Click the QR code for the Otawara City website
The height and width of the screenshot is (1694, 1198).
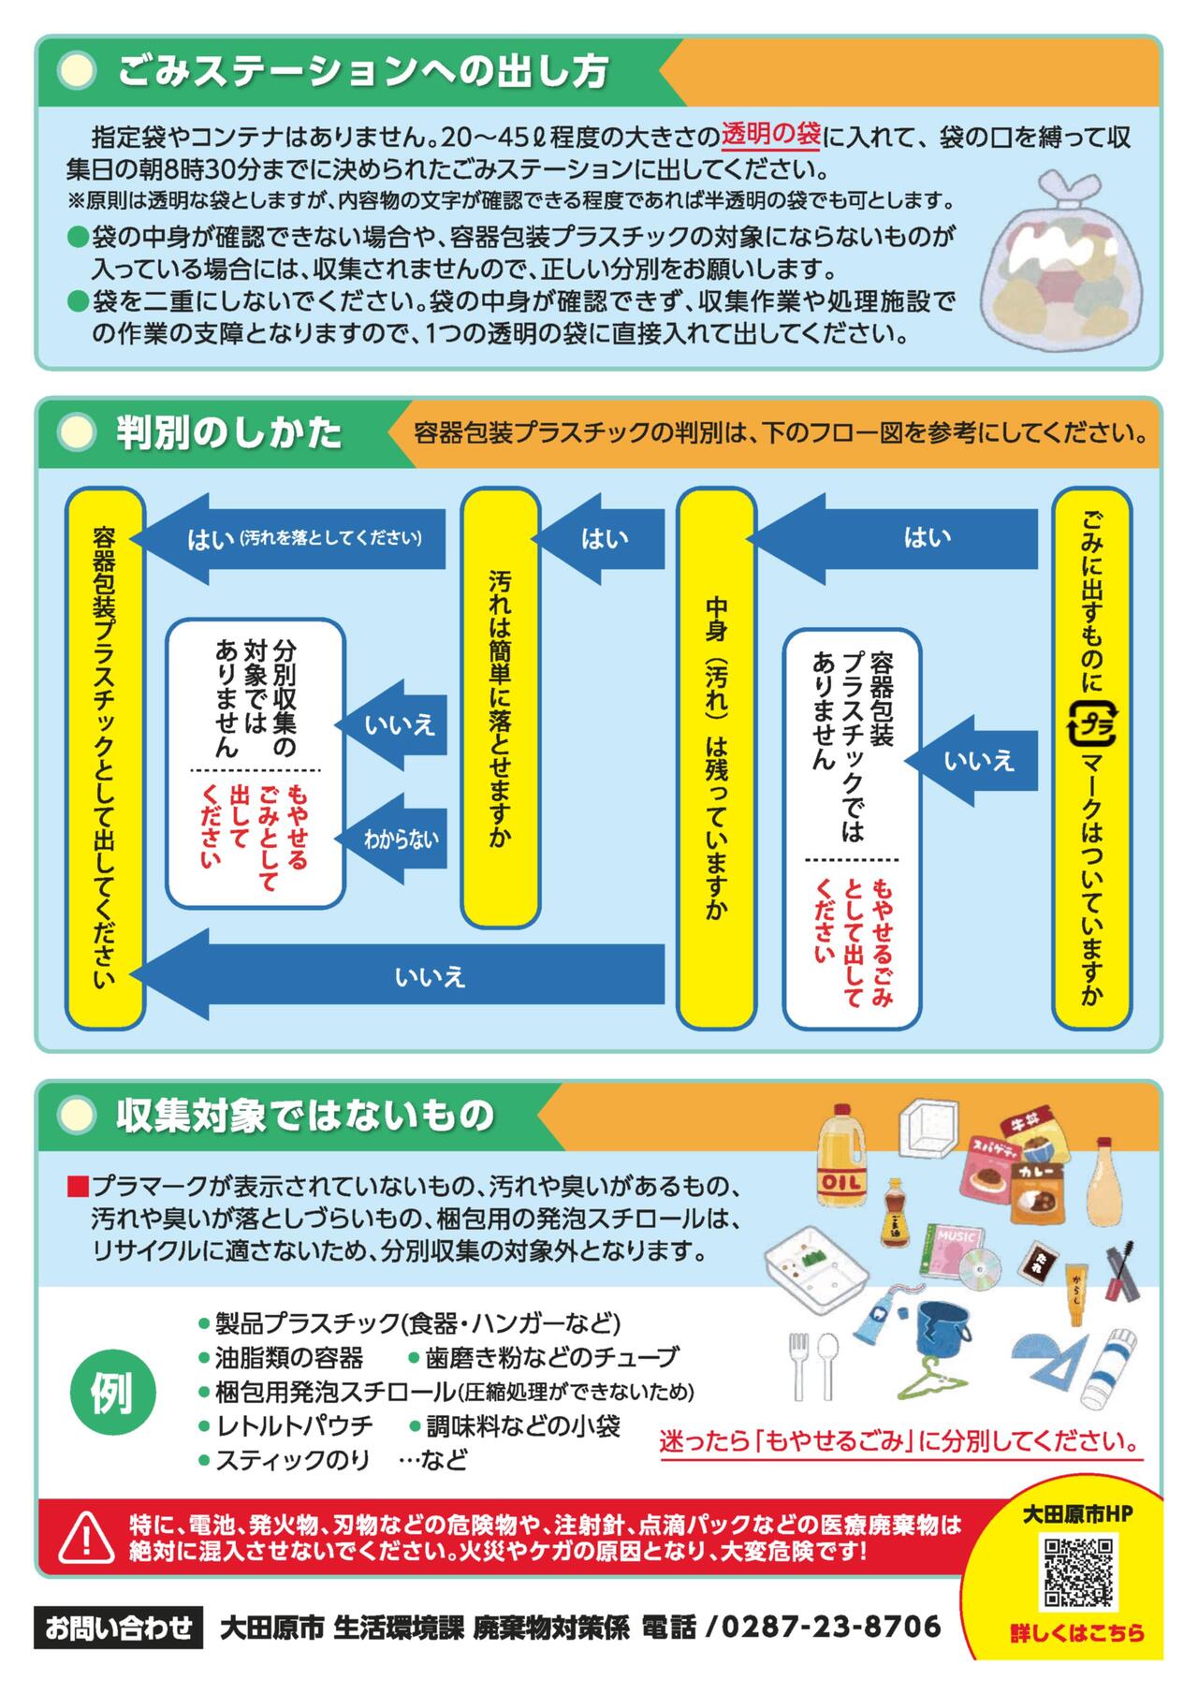1079,1572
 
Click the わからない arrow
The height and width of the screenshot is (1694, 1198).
391,839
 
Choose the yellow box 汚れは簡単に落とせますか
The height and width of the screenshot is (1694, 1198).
500,708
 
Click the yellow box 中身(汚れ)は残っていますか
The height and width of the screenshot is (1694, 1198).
716,757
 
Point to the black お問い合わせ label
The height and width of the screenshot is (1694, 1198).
119,1627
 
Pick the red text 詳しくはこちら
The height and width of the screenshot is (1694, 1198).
1077,1659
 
